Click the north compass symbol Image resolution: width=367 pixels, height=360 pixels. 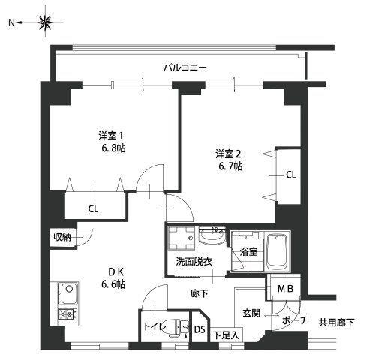(46, 24)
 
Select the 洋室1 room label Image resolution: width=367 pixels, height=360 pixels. (110, 136)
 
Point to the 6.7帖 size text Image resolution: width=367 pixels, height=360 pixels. (230, 166)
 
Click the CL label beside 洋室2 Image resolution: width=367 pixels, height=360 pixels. (290, 175)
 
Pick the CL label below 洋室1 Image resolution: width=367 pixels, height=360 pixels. (92, 208)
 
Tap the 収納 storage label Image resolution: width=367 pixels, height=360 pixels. (62, 237)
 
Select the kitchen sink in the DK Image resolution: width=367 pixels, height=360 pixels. (65, 291)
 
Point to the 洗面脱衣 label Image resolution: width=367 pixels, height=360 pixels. (194, 261)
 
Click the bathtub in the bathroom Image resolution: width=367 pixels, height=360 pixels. (278, 251)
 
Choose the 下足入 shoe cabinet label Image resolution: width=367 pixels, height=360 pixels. (225, 335)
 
